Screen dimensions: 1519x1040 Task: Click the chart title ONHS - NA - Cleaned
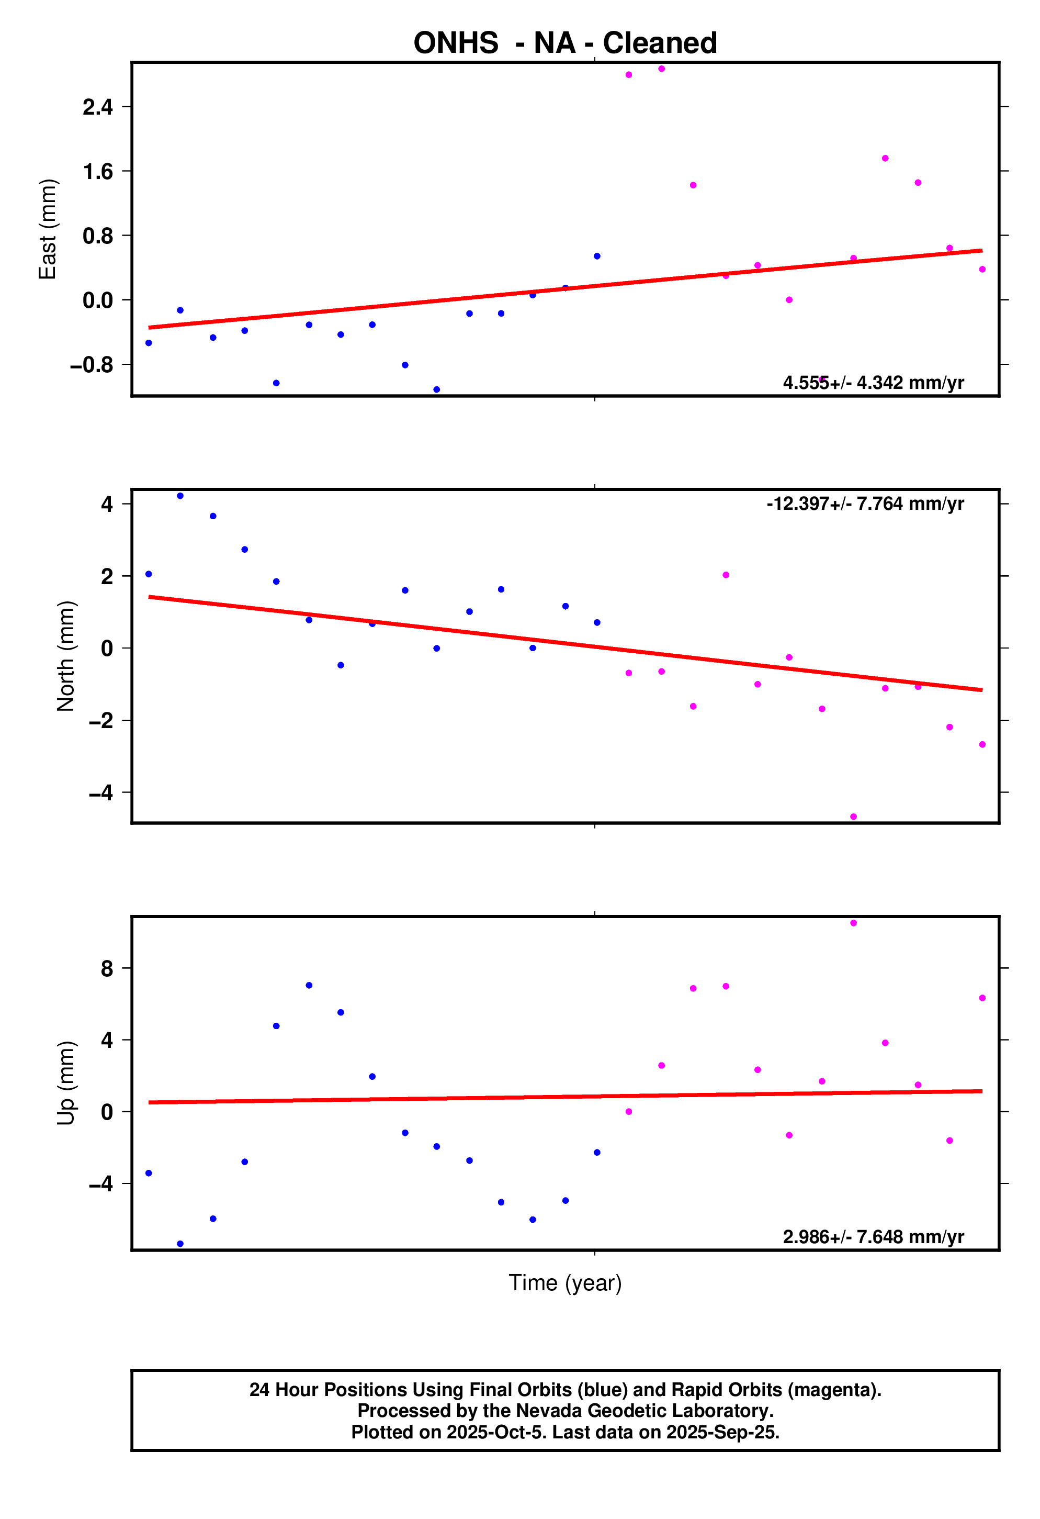pos(565,43)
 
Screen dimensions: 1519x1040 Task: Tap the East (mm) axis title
pos(48,229)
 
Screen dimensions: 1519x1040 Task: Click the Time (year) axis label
pos(565,1283)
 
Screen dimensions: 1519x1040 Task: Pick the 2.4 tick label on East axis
pos(97,107)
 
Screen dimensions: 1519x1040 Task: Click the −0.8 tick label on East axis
pos(92,365)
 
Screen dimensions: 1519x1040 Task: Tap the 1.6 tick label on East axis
pos(97,172)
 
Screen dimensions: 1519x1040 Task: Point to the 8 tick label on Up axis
pos(107,969)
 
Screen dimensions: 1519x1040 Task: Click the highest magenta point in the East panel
pos(661,69)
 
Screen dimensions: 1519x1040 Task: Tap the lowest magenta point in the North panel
pos(853,817)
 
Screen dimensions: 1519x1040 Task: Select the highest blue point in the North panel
pos(180,496)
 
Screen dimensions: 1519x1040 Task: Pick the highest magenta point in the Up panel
pos(853,923)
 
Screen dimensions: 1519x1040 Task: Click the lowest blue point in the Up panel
pos(180,1244)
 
